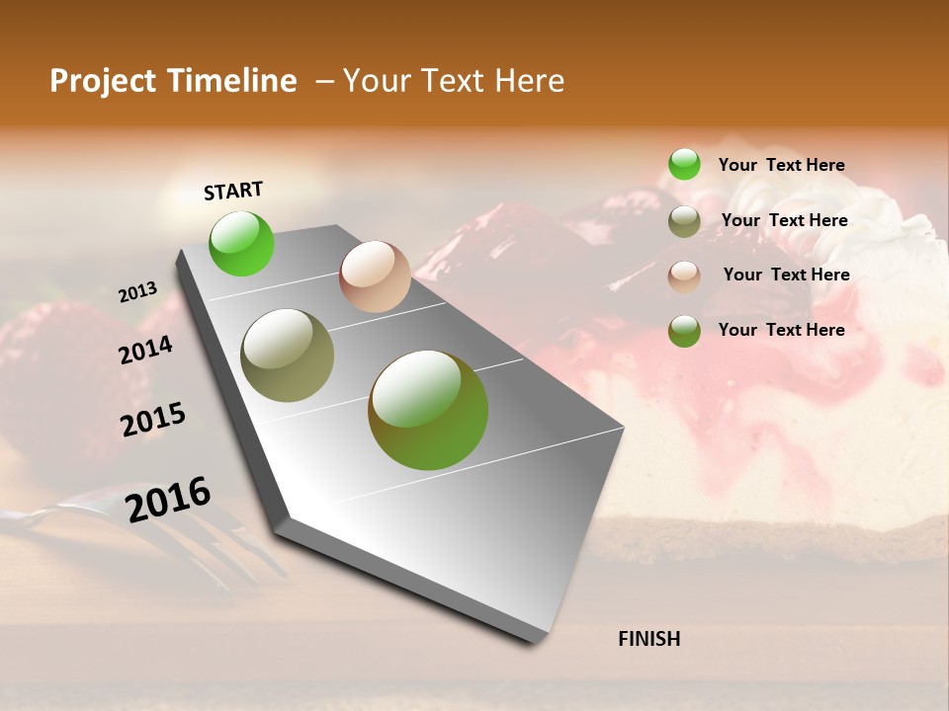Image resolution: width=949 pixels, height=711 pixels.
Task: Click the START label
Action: click(233, 191)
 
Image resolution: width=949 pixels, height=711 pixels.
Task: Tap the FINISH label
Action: click(648, 639)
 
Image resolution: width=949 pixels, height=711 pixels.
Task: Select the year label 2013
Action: click(137, 292)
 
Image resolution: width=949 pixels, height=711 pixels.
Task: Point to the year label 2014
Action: click(145, 351)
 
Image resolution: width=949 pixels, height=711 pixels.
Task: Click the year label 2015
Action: click(152, 420)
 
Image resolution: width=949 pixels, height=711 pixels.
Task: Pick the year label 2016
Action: click(168, 500)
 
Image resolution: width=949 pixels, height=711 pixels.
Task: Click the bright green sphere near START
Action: click(241, 243)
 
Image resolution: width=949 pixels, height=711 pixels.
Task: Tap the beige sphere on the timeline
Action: click(375, 276)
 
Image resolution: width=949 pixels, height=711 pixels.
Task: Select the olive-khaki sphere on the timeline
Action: click(287, 355)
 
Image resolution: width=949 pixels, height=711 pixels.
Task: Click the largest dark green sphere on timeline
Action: click(428, 410)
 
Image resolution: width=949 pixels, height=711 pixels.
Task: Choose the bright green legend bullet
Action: click(684, 164)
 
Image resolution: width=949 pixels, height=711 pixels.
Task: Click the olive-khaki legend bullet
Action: click(684, 221)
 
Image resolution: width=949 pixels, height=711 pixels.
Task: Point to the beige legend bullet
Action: click(684, 276)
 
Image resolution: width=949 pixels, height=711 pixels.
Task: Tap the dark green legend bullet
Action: click(684, 331)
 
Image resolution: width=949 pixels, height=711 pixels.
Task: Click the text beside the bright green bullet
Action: click(781, 165)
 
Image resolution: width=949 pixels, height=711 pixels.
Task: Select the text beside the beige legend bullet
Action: click(786, 275)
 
